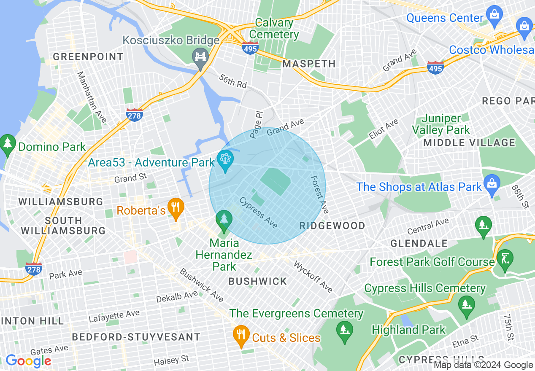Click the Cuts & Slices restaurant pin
pyautogui.click(x=241, y=336)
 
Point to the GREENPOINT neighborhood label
pyautogui.click(x=88, y=56)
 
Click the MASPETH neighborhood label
pyautogui.click(x=309, y=64)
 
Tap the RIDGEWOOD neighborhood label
pyautogui.click(x=332, y=226)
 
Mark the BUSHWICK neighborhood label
pyautogui.click(x=257, y=281)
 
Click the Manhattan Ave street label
pyautogui.click(x=92, y=97)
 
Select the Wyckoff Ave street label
pyautogui.click(x=313, y=277)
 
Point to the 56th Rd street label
pyautogui.click(x=232, y=81)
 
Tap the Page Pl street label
pyautogui.click(x=256, y=125)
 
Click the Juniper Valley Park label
pyautogui.click(x=441, y=124)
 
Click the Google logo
pyautogui.click(x=28, y=361)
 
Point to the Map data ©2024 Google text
pyautogui.click(x=484, y=365)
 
